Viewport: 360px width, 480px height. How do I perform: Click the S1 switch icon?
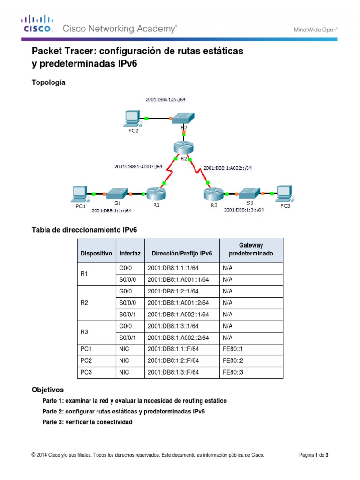point(115,193)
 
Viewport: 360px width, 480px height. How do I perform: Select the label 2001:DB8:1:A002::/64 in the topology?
point(228,168)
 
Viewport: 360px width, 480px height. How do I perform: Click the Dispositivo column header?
point(96,253)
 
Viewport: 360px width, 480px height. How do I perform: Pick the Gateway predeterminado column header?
point(251,249)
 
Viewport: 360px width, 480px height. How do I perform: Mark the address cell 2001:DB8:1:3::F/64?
point(173,372)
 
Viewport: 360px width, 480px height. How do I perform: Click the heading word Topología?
point(48,82)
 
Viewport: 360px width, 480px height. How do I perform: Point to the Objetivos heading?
point(47,390)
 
